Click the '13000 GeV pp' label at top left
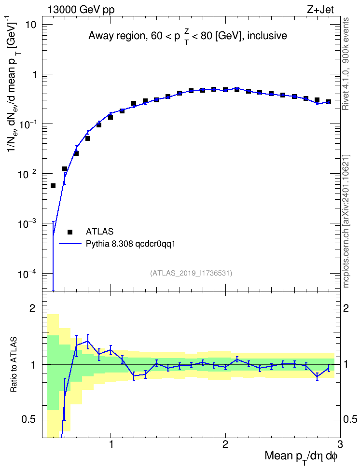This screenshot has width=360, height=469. pos(81,10)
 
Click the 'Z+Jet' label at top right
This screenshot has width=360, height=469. pos(320,10)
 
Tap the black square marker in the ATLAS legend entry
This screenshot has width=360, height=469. pos(70,232)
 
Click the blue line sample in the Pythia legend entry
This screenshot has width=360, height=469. pos(70,244)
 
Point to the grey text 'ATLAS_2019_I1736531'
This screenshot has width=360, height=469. pos(191,273)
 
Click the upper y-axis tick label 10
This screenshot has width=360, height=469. pos(30,25)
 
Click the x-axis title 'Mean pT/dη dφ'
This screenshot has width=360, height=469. pos(301,457)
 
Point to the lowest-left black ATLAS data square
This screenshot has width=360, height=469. pos(53,186)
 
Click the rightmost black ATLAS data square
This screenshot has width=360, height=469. pos(328,102)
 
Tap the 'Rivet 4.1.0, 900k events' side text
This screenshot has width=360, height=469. pos(346,64)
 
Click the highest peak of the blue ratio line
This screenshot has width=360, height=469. pos(88,341)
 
